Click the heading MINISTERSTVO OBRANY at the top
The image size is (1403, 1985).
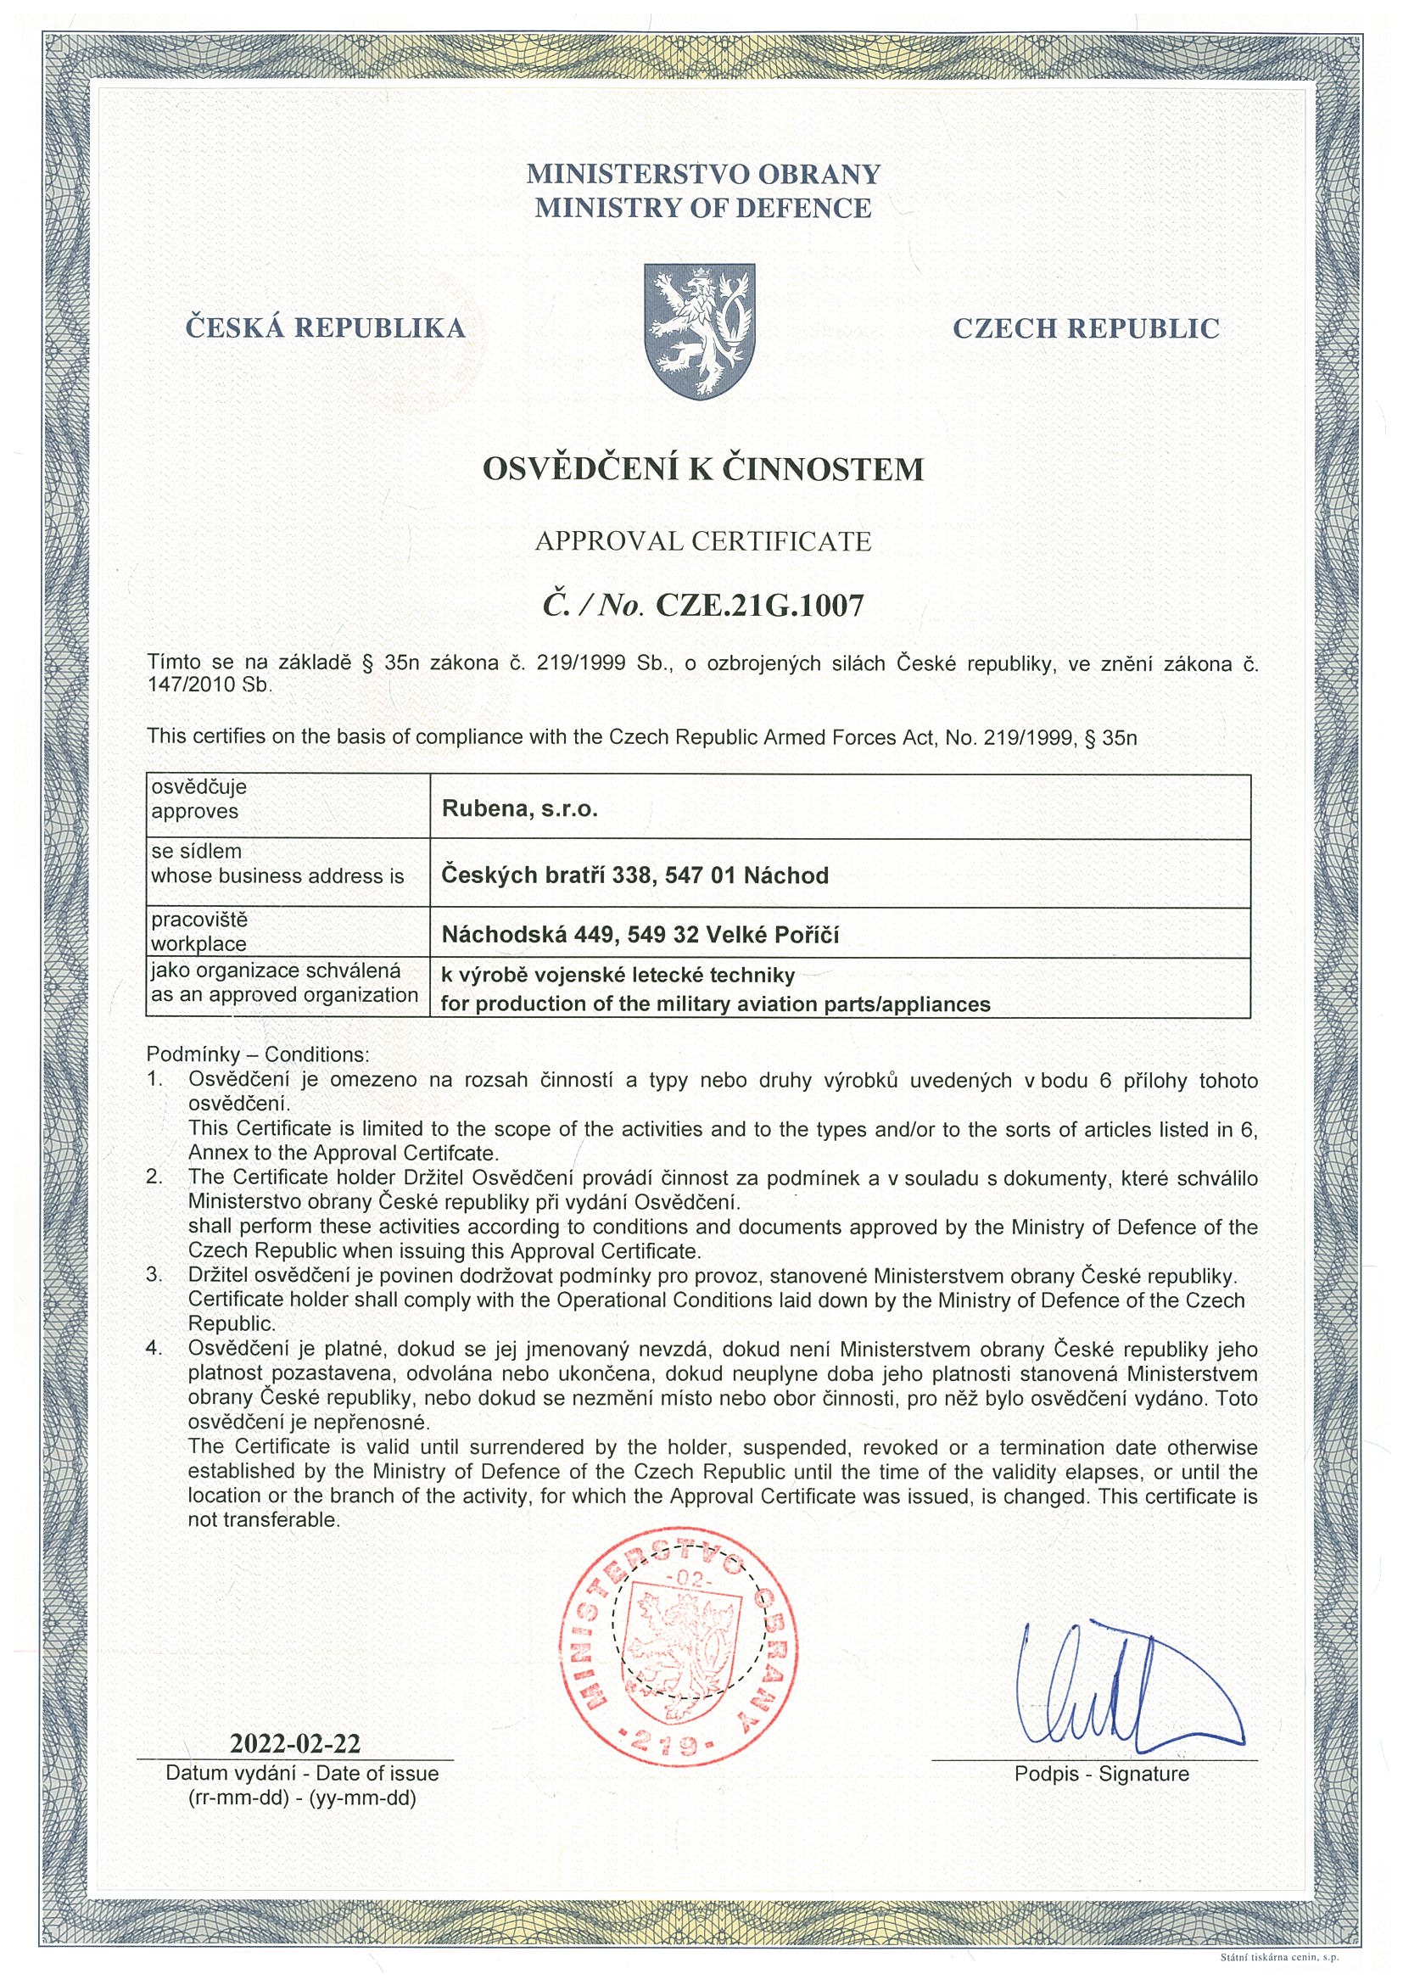(703, 174)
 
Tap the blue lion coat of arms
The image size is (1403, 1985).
(700, 330)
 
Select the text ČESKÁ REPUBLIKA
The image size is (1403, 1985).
(325, 328)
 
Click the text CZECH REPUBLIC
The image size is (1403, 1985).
(1086, 328)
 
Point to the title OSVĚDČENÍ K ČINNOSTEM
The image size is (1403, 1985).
(703, 469)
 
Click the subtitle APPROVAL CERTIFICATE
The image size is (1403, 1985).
(703, 541)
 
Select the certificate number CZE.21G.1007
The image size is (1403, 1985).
(760, 605)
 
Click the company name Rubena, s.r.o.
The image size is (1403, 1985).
(519, 808)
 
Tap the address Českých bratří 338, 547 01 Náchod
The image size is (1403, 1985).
(634, 875)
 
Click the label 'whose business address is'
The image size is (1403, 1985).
(277, 875)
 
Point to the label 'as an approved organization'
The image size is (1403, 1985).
(284, 994)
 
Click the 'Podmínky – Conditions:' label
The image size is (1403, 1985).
(258, 1054)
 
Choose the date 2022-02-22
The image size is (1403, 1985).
(295, 1742)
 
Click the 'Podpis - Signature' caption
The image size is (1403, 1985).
(1101, 1774)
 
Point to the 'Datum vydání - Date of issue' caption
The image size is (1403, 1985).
(302, 1773)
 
